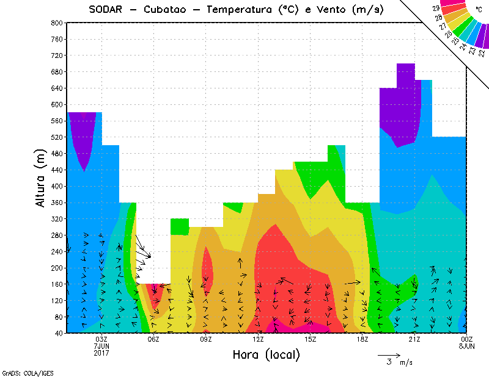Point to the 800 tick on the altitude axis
56,23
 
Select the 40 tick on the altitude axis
58,333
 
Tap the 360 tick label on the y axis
56,203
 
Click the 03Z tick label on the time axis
101,340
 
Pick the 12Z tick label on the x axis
258,340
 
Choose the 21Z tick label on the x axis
414,340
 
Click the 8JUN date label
466,346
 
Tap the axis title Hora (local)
266,354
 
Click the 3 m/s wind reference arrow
389,354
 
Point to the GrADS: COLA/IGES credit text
20,372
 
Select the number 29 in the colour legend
436,9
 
